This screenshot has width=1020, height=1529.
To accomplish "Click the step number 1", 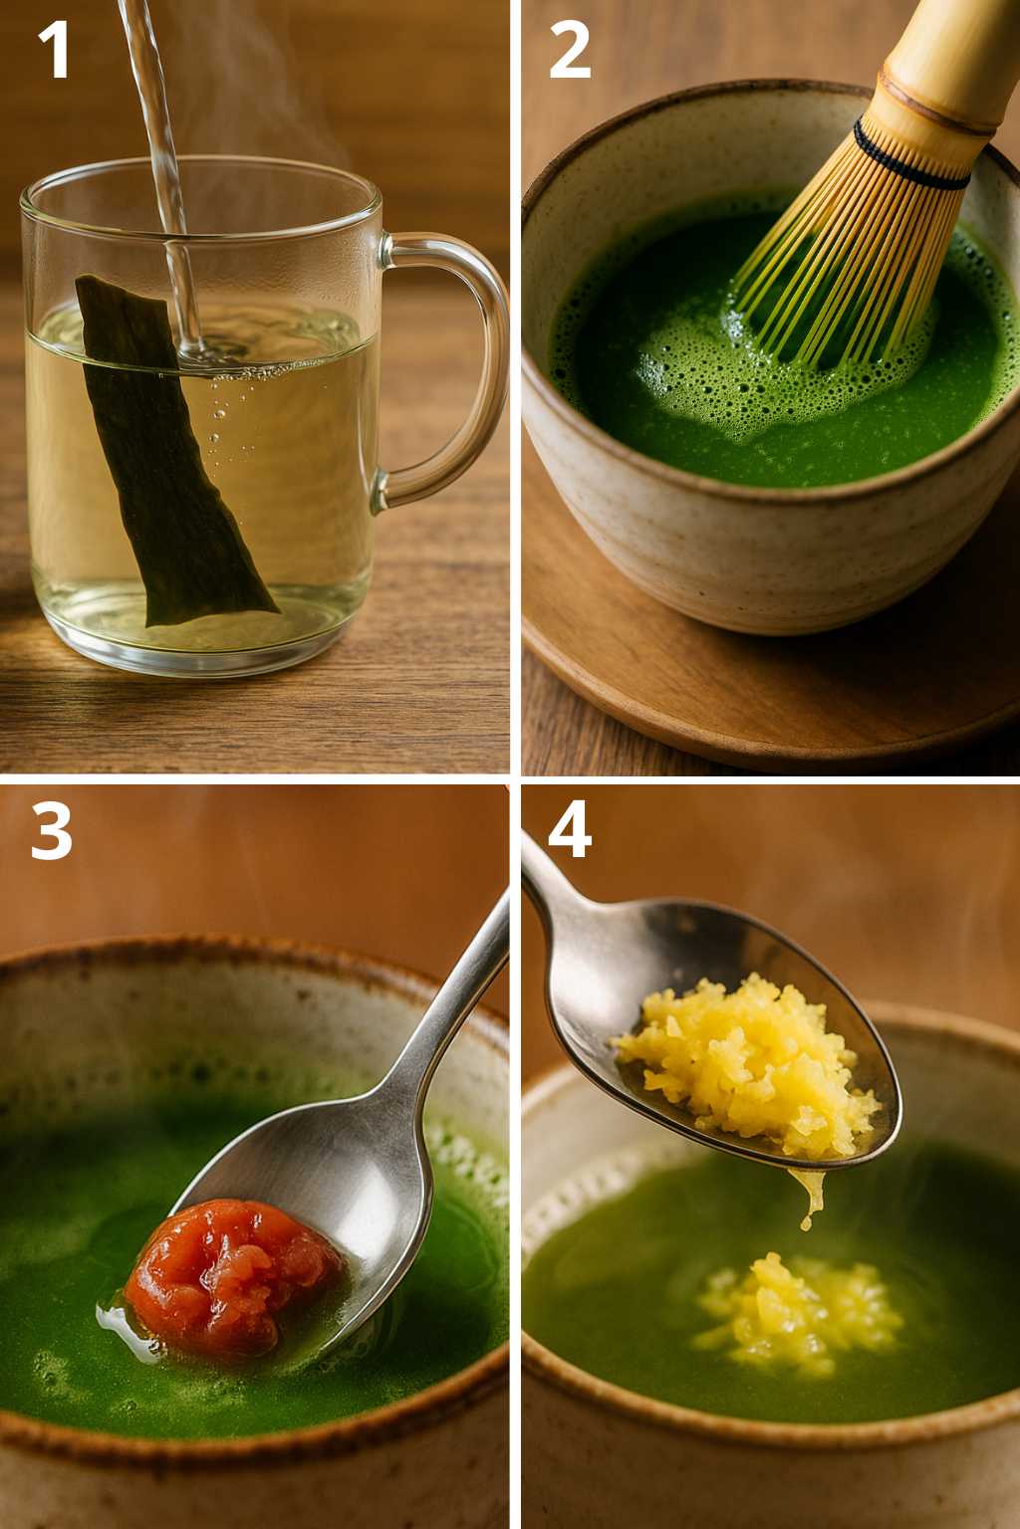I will [54, 50].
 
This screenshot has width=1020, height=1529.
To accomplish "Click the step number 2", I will [570, 50].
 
